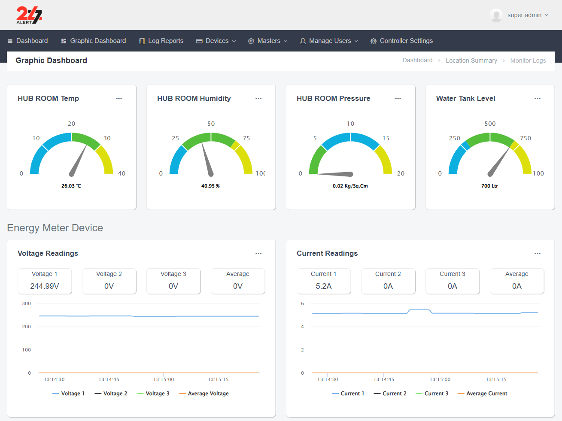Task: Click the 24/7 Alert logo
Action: tap(29, 15)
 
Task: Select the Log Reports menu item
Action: tap(161, 41)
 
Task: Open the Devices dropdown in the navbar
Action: tap(216, 41)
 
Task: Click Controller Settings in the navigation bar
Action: tap(401, 41)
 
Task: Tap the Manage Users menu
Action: tap(329, 41)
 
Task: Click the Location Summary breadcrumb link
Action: tap(471, 61)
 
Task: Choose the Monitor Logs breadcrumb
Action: tap(528, 61)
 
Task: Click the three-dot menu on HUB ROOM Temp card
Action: tap(119, 99)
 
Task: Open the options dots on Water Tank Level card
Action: tap(537, 99)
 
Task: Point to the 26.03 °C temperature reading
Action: tap(71, 186)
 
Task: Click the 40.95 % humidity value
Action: tap(210, 186)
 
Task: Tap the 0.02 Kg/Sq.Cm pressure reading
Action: tap(350, 186)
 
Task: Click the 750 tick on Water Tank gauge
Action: tap(525, 138)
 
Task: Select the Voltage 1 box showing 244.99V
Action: tap(45, 281)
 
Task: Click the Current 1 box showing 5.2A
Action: tap(324, 281)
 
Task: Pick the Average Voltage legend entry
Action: tap(204, 394)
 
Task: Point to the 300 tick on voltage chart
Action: tap(27, 303)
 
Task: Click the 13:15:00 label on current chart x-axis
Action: tap(440, 379)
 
